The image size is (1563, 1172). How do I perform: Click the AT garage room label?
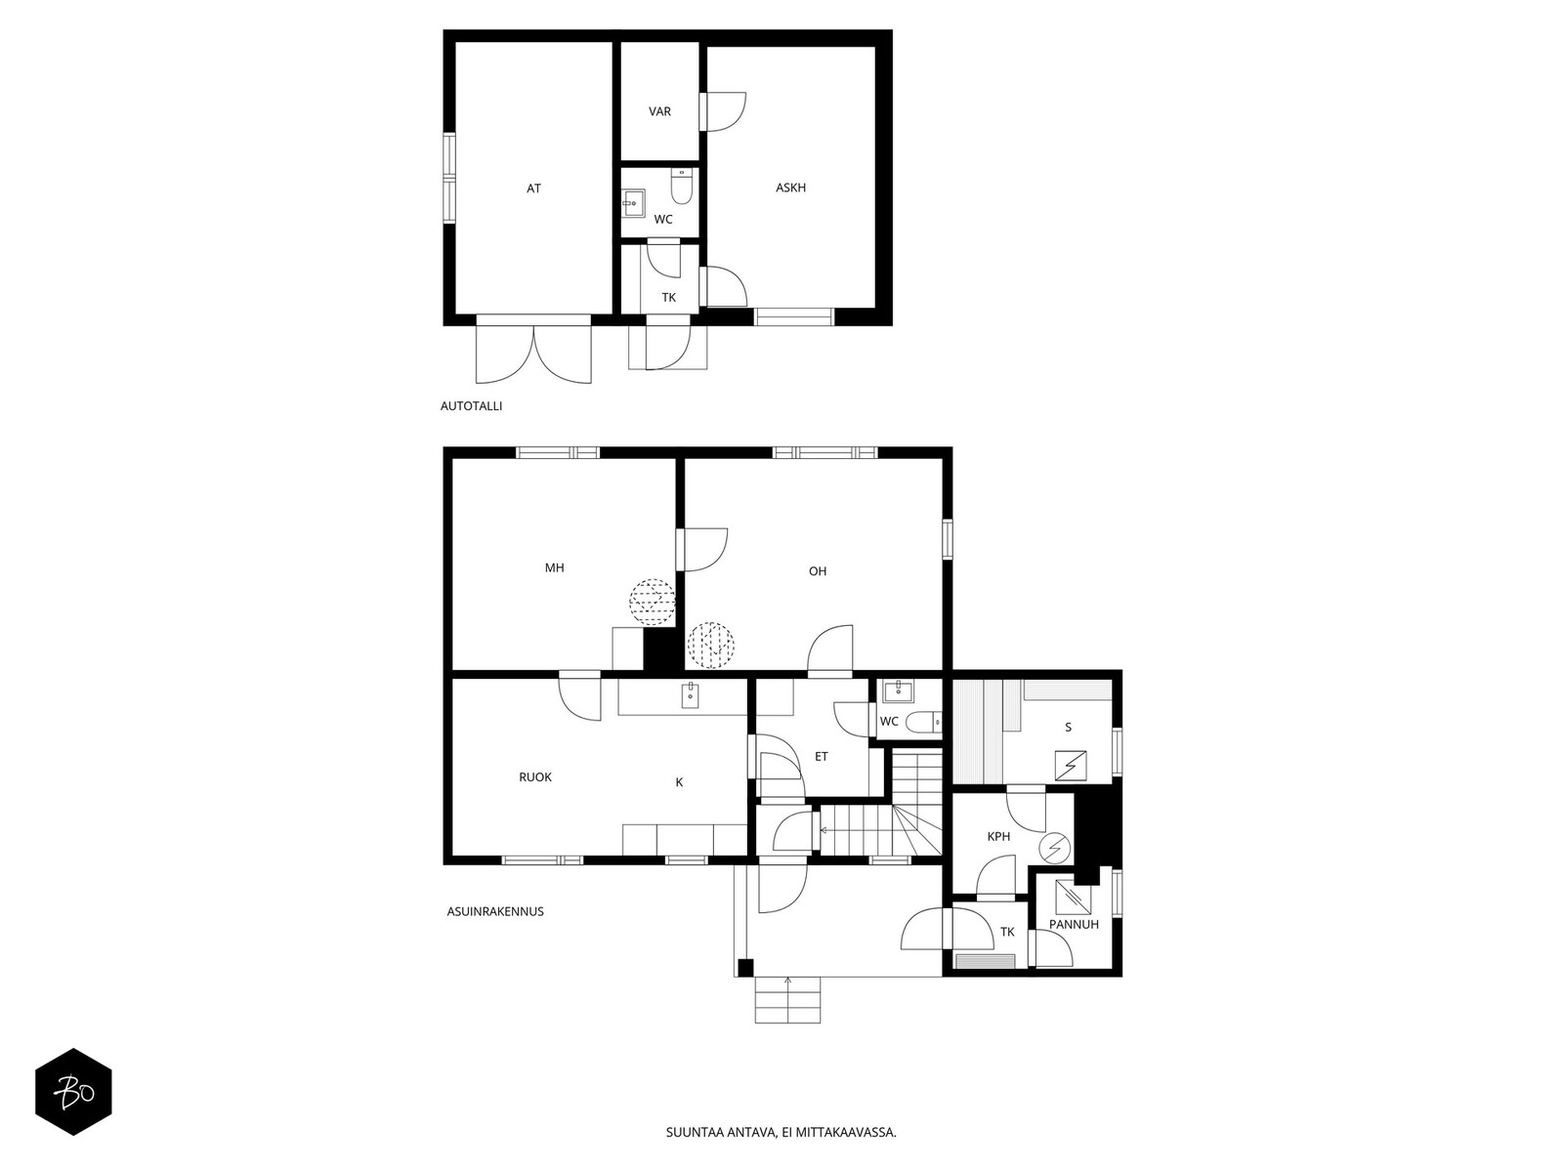pyautogui.click(x=533, y=188)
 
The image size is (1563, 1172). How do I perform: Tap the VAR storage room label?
pyautogui.click(x=659, y=111)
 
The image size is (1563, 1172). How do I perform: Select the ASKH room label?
pyautogui.click(x=790, y=188)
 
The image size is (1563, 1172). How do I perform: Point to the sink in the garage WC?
pyautogui.click(x=632, y=202)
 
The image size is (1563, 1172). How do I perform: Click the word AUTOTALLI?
pyautogui.click(x=472, y=406)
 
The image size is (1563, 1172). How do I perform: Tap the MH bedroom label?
pyautogui.click(x=554, y=567)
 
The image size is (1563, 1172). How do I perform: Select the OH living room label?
pyautogui.click(x=818, y=570)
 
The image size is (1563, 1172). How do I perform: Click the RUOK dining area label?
pyautogui.click(x=534, y=777)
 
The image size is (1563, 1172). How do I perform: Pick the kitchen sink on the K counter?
pyautogui.click(x=690, y=695)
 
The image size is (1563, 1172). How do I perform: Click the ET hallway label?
pyautogui.click(x=821, y=756)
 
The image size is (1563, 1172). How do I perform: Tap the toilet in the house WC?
pyautogui.click(x=923, y=723)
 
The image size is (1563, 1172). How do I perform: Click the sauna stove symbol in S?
pyautogui.click(x=1071, y=766)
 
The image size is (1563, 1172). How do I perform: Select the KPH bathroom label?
pyautogui.click(x=998, y=837)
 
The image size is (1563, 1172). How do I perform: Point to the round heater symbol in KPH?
pyautogui.click(x=1055, y=848)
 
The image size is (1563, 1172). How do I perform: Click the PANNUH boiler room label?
pyautogui.click(x=1073, y=924)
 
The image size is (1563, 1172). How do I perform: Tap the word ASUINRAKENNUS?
pyautogui.click(x=495, y=911)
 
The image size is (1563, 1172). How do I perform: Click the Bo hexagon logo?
pyautogui.click(x=73, y=1092)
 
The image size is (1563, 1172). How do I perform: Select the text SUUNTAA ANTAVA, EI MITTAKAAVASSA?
pyautogui.click(x=781, y=1132)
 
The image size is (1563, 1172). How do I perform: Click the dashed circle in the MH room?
pyautogui.click(x=652, y=602)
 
